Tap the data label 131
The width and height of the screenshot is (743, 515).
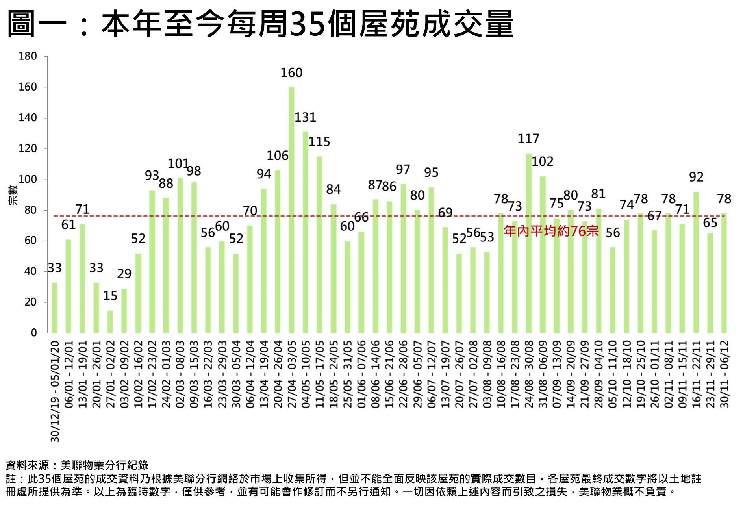coord(305,117)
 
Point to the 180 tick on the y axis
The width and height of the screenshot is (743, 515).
coord(28,56)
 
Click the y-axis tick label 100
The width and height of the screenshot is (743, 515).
coord(28,180)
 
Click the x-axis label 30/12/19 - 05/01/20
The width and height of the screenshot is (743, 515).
coord(55,391)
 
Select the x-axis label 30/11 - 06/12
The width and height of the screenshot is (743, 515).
coord(724,374)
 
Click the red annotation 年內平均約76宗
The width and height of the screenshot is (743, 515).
coord(551,231)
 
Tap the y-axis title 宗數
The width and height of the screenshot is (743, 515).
coord(13,195)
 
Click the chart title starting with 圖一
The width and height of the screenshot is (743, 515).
coord(260,24)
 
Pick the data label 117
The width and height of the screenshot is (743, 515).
coord(528,139)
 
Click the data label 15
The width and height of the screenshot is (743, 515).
coord(110,295)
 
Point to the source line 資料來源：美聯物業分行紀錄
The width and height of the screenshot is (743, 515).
coord(77,465)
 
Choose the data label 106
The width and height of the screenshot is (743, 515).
coord(277,156)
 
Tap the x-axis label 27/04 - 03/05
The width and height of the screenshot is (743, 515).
coord(292,374)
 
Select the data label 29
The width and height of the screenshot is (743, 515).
coord(124,274)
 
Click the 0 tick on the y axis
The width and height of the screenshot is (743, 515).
coord(34,333)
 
